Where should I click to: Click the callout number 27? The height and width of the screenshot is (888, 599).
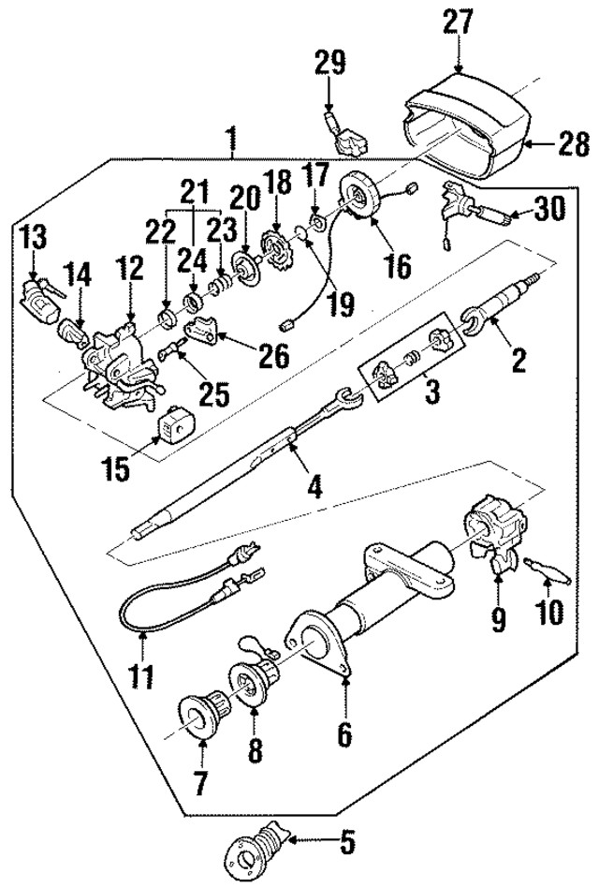[459, 22]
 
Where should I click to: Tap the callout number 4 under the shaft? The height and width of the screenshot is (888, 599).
[315, 488]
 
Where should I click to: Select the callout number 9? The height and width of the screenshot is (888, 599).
[496, 619]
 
